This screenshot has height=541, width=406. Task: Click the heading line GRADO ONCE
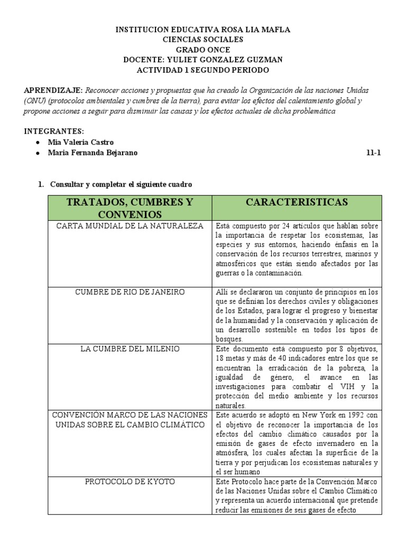(203, 50)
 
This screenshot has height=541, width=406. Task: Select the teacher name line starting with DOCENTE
(203, 60)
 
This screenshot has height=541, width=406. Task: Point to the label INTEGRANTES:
(54, 131)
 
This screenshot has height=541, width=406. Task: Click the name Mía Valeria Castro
(80, 143)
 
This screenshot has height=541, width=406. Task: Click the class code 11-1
(373, 153)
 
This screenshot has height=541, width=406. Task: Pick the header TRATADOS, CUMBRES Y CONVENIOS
(130, 208)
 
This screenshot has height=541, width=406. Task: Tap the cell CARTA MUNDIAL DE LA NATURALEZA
(130, 226)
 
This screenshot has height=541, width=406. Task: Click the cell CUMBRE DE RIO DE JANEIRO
(130, 292)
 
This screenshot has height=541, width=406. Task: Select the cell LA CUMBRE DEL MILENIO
(130, 349)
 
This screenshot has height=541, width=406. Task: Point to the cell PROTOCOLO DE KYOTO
(130, 482)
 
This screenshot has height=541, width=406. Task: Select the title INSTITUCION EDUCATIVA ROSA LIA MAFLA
(203, 30)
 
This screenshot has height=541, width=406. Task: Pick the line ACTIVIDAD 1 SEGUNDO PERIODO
(203, 70)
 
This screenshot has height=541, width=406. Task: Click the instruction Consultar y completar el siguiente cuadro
(121, 184)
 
